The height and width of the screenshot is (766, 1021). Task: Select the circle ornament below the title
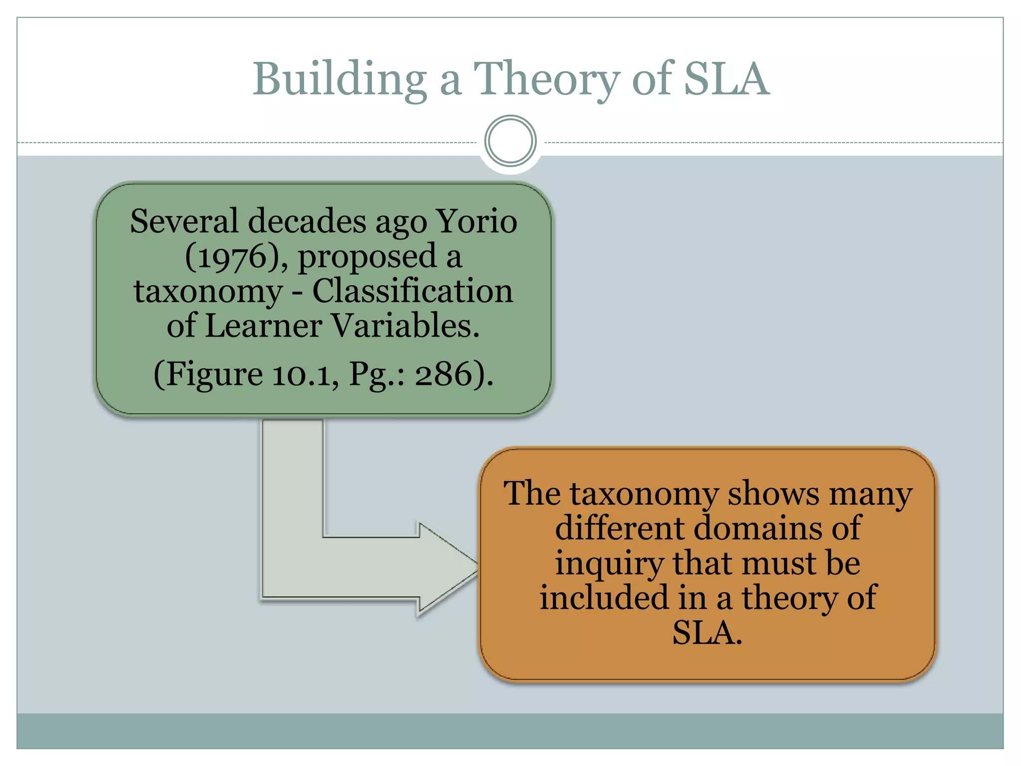point(510,141)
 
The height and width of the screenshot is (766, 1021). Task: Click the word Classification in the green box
point(412,291)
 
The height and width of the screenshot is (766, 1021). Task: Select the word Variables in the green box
point(405,326)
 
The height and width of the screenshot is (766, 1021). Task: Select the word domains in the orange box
point(758,528)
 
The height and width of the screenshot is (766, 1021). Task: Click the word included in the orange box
point(604,598)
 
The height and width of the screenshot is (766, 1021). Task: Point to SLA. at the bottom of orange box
point(707,633)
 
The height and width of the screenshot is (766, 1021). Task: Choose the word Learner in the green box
point(264,326)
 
